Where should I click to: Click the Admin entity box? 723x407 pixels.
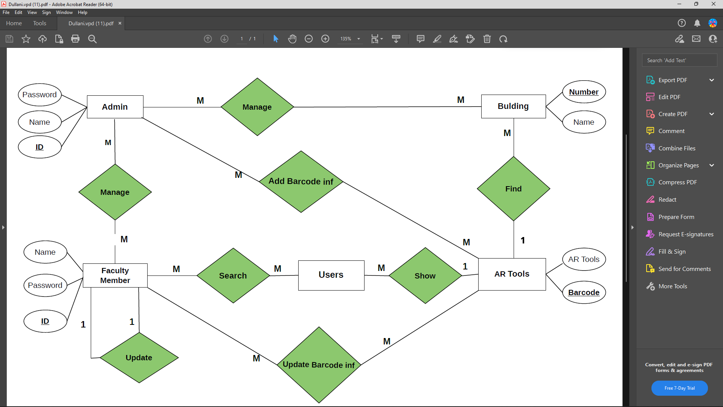(x=115, y=107)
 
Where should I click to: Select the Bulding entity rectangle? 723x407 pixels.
(x=513, y=106)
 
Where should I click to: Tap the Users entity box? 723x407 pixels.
(x=331, y=275)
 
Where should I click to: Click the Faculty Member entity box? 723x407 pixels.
(x=115, y=275)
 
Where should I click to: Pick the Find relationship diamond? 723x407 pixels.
(x=513, y=189)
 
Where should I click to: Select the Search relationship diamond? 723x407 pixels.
(x=233, y=275)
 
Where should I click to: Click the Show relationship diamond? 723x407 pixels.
(x=425, y=275)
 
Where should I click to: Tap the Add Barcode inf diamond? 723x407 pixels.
(x=301, y=182)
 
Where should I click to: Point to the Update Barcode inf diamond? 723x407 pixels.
(x=319, y=365)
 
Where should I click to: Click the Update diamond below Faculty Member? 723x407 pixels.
(x=139, y=358)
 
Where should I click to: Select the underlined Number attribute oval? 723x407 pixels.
(x=584, y=92)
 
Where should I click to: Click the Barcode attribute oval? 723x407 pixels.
(x=584, y=292)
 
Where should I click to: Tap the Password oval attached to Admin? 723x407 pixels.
(x=40, y=95)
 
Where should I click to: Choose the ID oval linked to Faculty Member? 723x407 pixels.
(x=45, y=321)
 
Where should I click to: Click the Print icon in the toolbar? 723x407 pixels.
(x=75, y=39)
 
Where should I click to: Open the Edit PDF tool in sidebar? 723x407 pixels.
(x=669, y=97)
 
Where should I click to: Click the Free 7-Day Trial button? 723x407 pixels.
(x=679, y=388)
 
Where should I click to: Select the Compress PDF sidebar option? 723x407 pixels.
(x=677, y=182)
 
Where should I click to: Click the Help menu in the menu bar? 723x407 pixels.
(x=82, y=12)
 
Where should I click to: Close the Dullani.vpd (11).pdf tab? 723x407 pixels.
(x=120, y=23)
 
